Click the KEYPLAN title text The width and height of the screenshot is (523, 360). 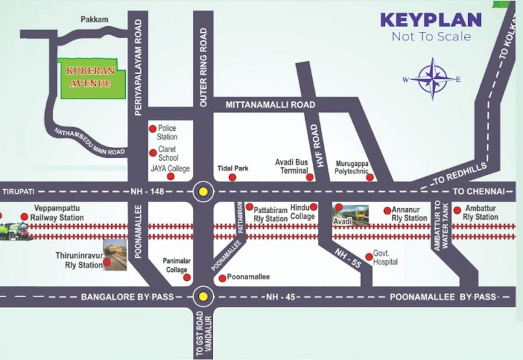click(431, 20)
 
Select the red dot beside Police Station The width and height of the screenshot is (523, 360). click(152, 128)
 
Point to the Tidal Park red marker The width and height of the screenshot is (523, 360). click(232, 177)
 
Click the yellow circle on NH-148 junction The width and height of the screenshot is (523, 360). click(203, 191)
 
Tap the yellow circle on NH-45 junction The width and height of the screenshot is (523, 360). click(203, 296)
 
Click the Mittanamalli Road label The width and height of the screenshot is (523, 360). click(270, 105)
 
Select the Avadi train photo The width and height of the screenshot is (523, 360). click(351, 215)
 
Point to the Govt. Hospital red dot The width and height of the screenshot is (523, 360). click(369, 256)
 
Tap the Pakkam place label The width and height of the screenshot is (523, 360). click(94, 20)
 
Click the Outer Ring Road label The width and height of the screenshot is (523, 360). click(203, 61)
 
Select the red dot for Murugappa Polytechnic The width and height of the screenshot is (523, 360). click(370, 177)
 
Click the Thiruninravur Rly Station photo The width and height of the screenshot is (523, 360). click(115, 255)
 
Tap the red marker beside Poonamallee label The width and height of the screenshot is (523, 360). click(222, 278)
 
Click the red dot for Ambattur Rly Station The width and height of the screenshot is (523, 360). click(457, 210)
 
